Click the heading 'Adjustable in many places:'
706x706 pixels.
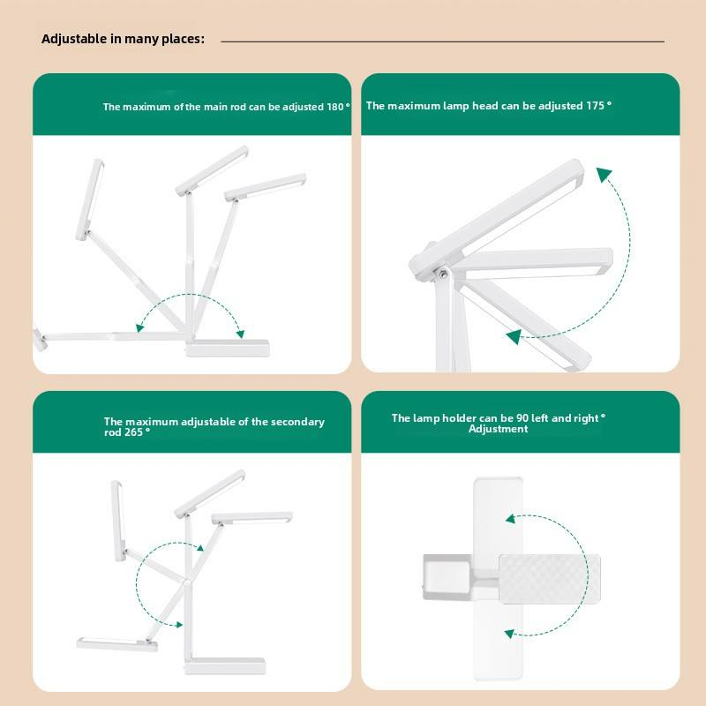(x=123, y=39)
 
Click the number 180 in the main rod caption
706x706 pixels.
(x=335, y=107)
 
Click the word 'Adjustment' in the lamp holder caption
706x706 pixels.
(x=498, y=429)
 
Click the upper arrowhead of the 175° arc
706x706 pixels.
(x=604, y=174)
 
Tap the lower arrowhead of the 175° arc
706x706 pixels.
(x=513, y=335)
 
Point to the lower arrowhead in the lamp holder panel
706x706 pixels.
(x=510, y=633)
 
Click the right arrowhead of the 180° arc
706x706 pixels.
(x=239, y=333)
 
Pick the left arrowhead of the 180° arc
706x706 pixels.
(x=139, y=327)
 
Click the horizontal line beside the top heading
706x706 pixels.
(x=441, y=41)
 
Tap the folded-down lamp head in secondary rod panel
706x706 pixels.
(x=116, y=643)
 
